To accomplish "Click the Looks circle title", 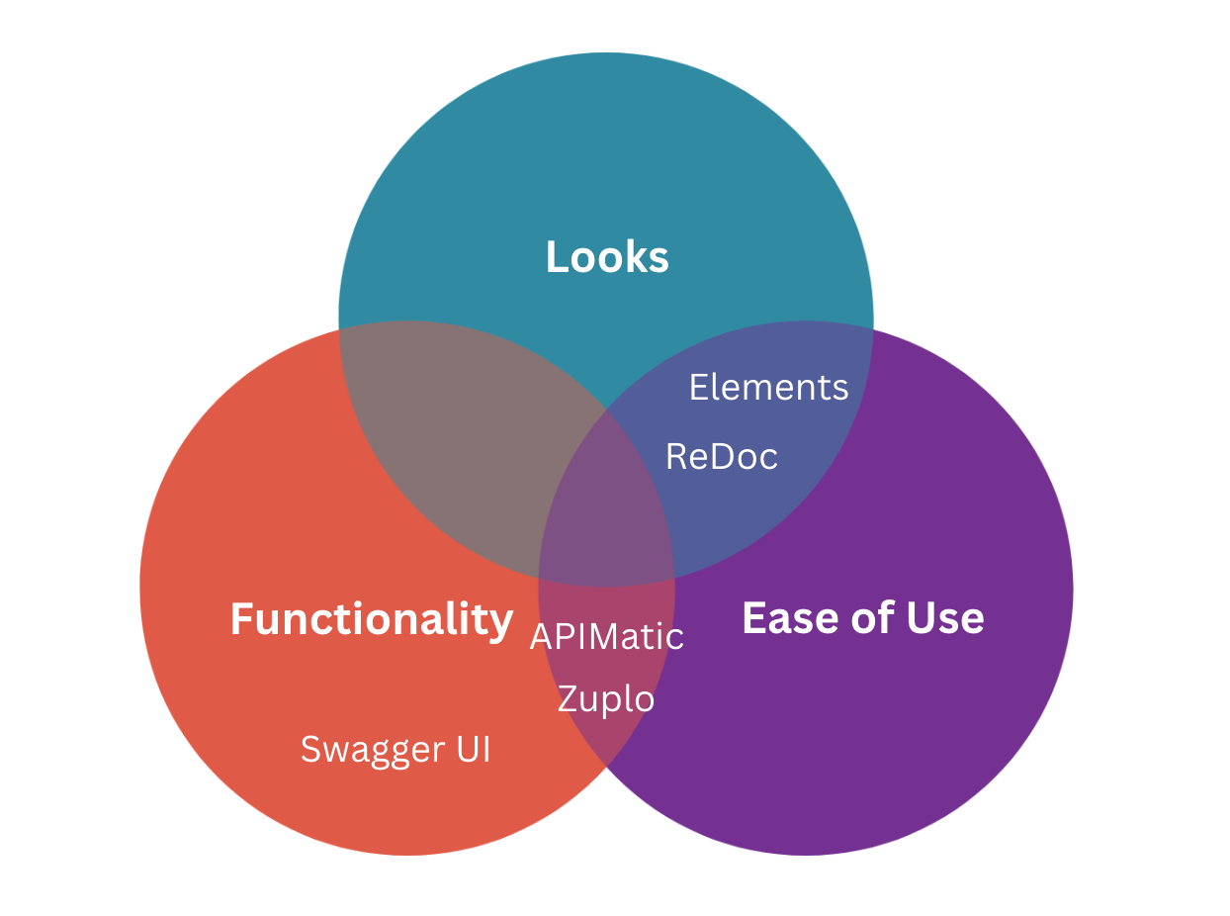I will coord(607,257).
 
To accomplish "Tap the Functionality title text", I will coord(372,619).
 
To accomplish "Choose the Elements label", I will coord(768,387).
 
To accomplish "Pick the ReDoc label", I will coord(722,457).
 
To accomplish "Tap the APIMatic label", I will coord(606,636).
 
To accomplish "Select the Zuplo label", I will coord(605,699).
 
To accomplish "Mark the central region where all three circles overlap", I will coord(605,514).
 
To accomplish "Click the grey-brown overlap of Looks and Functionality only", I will coord(465,435).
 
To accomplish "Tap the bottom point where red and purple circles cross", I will coord(606,765).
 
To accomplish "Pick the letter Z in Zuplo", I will coord(568,699).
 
